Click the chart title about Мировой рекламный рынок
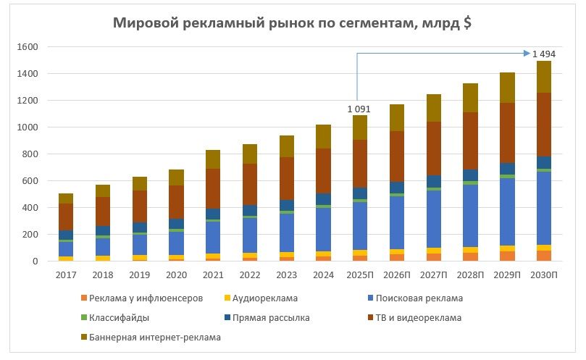click(293, 22)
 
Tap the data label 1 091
click(359, 109)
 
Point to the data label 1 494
click(544, 54)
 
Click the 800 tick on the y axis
click(29, 154)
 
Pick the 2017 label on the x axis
click(66, 275)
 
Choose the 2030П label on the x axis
click(544, 275)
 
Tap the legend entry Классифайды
click(119, 317)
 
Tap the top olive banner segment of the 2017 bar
click(66, 198)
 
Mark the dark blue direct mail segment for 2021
click(212, 214)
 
